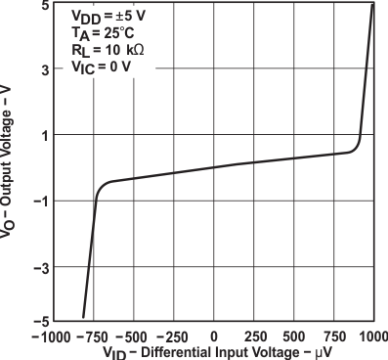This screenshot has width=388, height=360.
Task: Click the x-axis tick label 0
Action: coord(214,336)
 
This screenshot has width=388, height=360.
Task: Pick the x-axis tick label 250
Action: coord(254,336)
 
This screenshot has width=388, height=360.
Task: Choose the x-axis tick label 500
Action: coord(293,336)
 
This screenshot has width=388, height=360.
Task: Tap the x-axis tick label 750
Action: coord(332,336)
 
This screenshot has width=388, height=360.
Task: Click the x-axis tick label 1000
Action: coord(371,336)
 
